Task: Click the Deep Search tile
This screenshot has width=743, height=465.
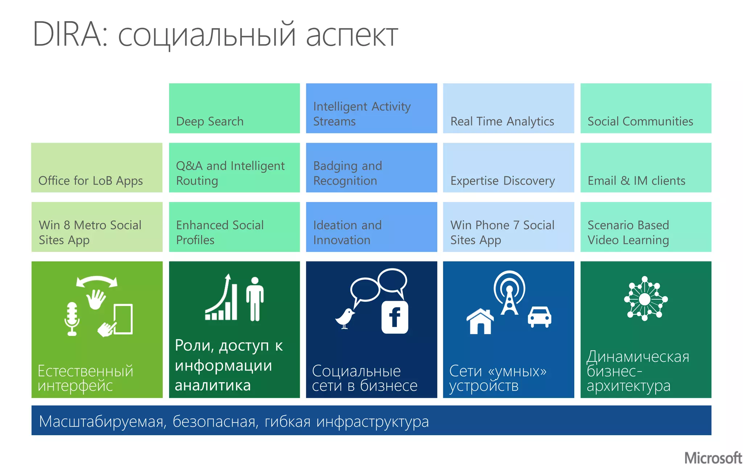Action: [234, 108]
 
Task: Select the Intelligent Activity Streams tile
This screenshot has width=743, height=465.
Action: [371, 108]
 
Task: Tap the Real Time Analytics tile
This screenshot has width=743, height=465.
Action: [508, 108]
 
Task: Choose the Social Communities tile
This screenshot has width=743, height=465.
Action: [646, 108]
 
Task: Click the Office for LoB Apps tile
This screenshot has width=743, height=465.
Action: [97, 167]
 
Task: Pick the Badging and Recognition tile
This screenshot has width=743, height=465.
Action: [371, 167]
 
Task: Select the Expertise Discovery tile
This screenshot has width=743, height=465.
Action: [508, 167]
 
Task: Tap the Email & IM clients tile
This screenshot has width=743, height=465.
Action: [646, 167]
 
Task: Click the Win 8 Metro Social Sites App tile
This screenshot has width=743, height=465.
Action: [97, 227]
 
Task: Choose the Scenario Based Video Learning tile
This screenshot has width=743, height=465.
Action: [646, 227]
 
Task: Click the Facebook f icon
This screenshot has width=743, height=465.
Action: [395, 317]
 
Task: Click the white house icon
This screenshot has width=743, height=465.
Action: [480, 321]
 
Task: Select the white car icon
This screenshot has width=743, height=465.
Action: [539, 316]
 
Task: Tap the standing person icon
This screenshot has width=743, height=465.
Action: [255, 299]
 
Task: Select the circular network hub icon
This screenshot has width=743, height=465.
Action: [645, 299]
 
